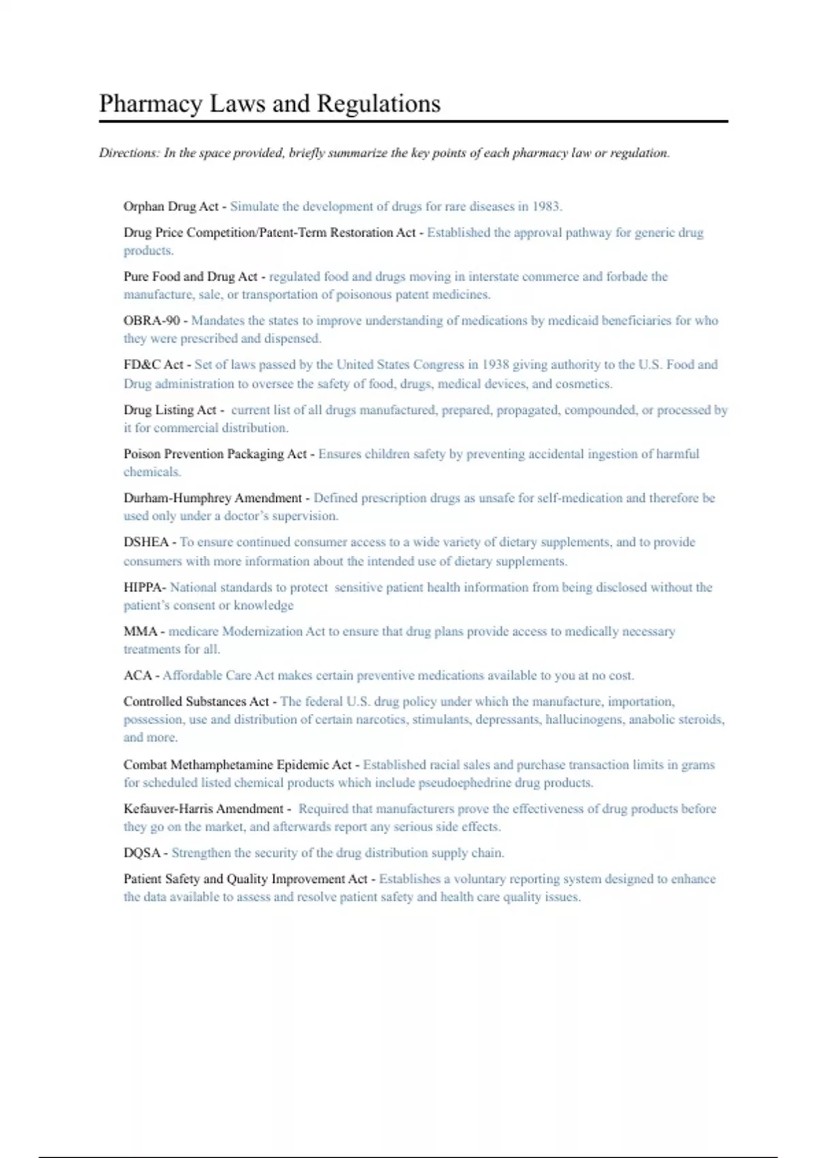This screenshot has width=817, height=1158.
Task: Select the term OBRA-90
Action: pyautogui.click(x=151, y=321)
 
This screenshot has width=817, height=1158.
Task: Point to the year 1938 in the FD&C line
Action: pyautogui.click(x=496, y=365)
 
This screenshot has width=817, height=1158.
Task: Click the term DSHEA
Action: pyautogui.click(x=146, y=542)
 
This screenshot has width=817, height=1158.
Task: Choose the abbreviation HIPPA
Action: pyautogui.click(x=143, y=587)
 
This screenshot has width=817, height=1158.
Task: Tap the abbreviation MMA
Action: pyautogui.click(x=140, y=631)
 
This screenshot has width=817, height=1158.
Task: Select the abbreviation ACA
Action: pyautogui.click(x=138, y=676)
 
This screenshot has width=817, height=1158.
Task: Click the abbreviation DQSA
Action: pyautogui.click(x=142, y=853)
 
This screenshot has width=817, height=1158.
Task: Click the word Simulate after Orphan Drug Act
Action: pyautogui.click(x=254, y=206)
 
